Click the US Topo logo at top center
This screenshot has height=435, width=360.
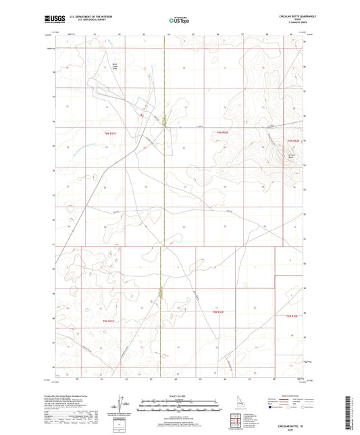point(178,20)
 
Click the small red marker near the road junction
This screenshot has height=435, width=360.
point(141,114)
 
